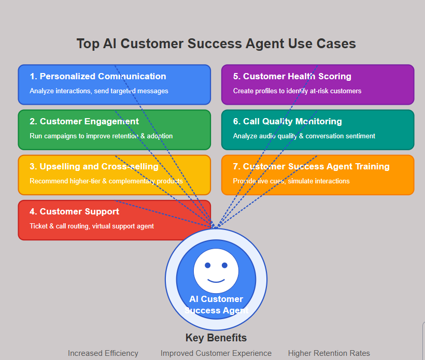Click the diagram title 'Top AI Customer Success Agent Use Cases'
pos(216,44)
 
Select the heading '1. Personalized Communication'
pos(98,77)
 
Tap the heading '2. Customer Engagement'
pos(84,122)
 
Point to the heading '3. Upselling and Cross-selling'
pos(94,167)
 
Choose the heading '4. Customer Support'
pos(74,212)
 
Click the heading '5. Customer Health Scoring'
pos(292,77)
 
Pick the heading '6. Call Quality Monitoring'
pos(287,122)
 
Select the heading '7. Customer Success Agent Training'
pos(311,167)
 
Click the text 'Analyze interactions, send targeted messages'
pos(99,91)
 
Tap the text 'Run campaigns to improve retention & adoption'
pos(101,136)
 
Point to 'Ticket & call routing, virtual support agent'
pos(92,226)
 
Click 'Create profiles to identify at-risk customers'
pos(297,91)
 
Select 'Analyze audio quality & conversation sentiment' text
pos(304,136)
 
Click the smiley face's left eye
pos(208,265)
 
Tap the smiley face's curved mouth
pos(216,281)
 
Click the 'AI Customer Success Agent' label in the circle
pos(216,305)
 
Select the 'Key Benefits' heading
pos(216,338)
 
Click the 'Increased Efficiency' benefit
pos(103,353)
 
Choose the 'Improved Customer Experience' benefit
pos(216,353)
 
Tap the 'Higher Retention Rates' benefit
pos(329,353)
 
